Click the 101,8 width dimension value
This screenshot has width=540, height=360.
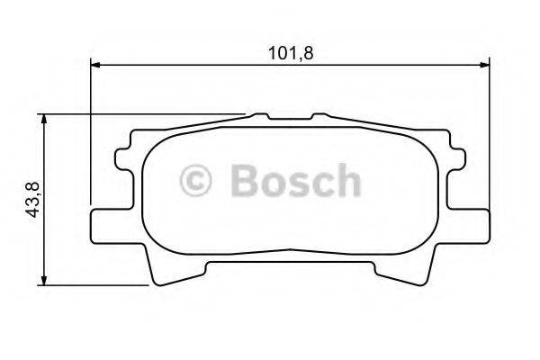290,52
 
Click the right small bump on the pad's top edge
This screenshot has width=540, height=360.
319,116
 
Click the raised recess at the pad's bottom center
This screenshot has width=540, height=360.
290,261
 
